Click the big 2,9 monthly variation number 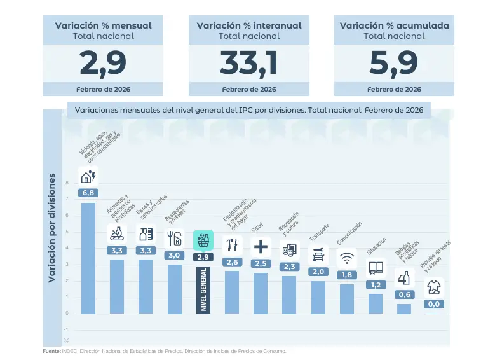[x=104, y=63]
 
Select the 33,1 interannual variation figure [x=248, y=63]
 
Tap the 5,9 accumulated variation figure [x=393, y=63]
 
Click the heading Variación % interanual [x=248, y=25]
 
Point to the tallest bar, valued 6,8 [x=88, y=258]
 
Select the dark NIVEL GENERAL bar [x=203, y=289]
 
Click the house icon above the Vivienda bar [x=88, y=176]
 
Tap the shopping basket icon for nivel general [x=203, y=240]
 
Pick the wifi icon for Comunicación [x=346, y=258]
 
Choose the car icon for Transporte [x=318, y=255]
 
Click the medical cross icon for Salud [x=261, y=246]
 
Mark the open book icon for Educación [x=376, y=268]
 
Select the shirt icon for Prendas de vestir [x=433, y=287]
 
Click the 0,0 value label [x=433, y=304]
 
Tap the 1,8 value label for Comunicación [x=346, y=275]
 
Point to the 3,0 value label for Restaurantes [x=175, y=255]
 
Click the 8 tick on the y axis [x=66, y=183]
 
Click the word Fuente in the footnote [x=51, y=351]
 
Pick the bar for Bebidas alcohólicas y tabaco [x=404, y=308]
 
